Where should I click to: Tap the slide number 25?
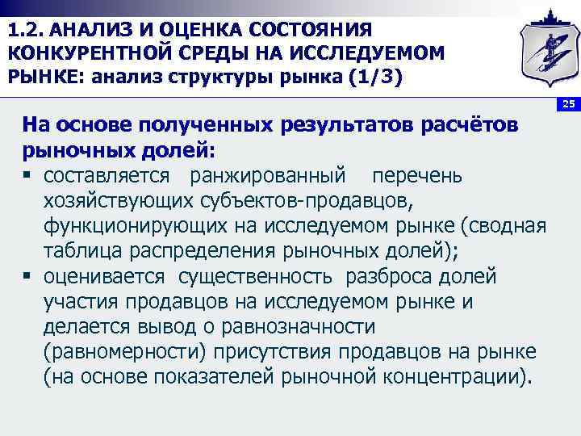point(567,105)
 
